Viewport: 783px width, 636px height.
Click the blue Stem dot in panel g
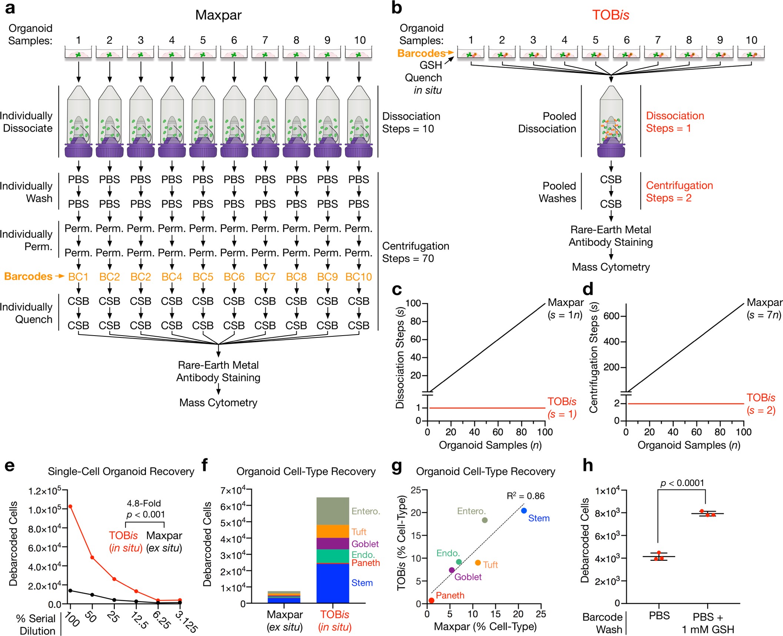point(524,511)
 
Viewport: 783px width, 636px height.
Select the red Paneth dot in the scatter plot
point(431,600)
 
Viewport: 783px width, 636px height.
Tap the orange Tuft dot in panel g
point(478,563)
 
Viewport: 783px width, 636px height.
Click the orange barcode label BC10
point(358,277)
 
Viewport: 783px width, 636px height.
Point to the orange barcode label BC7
point(265,277)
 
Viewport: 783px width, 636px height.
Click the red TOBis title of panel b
point(610,15)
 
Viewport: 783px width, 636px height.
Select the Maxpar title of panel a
point(218,15)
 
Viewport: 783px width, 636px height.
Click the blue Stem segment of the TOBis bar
point(333,583)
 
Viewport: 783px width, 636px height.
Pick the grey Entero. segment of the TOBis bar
point(333,511)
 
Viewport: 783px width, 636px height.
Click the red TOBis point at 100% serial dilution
point(70,506)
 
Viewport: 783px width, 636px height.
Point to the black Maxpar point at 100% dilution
point(70,590)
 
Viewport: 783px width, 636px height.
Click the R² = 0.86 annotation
point(525,496)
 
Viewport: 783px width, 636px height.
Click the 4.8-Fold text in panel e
point(144,503)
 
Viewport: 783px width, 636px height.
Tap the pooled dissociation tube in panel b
point(611,122)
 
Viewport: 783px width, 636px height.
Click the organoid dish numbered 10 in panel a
point(358,53)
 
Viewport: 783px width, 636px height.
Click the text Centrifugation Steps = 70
point(415,252)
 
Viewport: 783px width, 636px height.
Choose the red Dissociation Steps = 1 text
point(674,122)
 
